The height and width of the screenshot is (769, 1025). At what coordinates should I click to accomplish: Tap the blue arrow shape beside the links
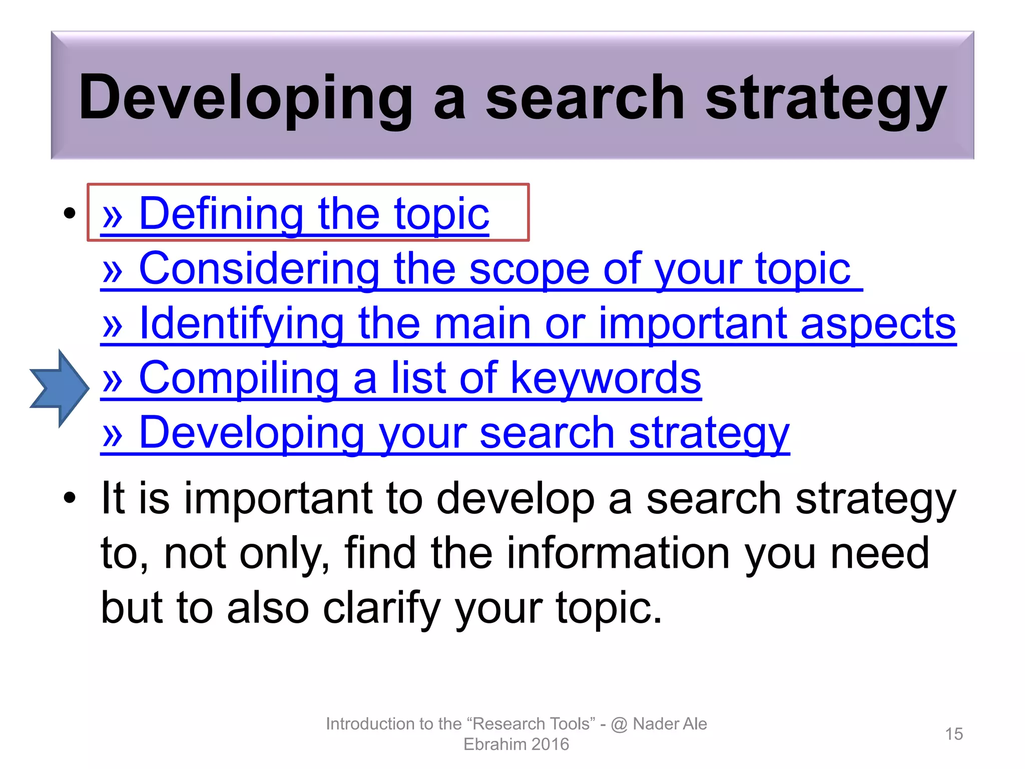[x=59, y=388]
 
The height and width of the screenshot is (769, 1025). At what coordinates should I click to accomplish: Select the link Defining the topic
[x=295, y=214]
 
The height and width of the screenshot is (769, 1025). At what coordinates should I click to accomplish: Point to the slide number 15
[x=954, y=734]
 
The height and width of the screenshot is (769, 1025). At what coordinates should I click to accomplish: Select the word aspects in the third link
[x=878, y=324]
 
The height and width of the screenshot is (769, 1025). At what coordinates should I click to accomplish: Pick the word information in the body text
[x=619, y=553]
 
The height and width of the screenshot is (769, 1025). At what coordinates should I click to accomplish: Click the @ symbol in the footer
[x=619, y=724]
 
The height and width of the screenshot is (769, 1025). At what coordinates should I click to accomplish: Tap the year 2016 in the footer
[x=550, y=744]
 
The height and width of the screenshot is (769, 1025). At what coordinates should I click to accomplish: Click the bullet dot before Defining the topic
[x=70, y=213]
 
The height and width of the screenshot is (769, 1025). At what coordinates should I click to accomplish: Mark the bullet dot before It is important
[x=70, y=498]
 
